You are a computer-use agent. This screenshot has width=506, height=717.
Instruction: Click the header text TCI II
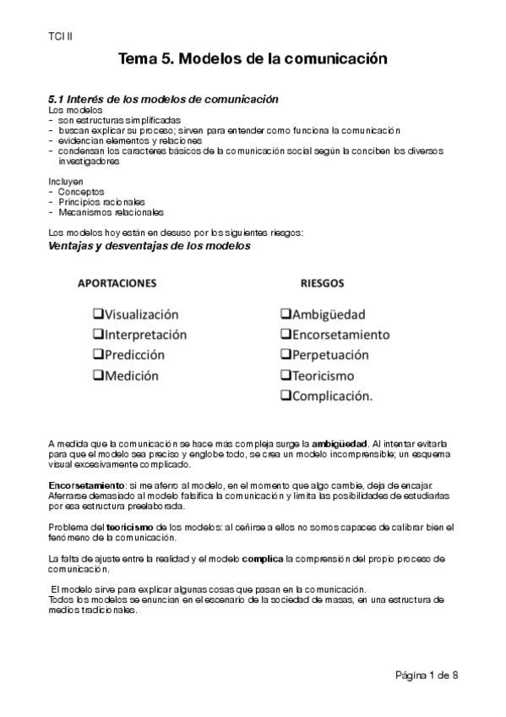(x=60, y=37)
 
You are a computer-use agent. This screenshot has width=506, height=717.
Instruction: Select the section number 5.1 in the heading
(x=57, y=99)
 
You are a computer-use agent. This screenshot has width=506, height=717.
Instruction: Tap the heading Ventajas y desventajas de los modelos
(x=150, y=246)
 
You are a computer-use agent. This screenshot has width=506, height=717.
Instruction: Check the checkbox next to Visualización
(x=97, y=314)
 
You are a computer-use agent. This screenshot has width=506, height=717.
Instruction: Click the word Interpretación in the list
(x=145, y=334)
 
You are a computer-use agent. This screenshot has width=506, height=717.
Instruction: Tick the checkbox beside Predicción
(x=97, y=355)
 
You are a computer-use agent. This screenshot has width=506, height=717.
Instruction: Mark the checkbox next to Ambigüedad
(x=286, y=314)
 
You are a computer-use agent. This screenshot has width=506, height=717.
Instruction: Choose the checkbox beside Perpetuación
(x=286, y=355)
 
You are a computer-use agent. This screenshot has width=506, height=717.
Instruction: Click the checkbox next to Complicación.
(x=286, y=396)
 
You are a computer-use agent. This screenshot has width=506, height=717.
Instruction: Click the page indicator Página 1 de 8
(x=426, y=675)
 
